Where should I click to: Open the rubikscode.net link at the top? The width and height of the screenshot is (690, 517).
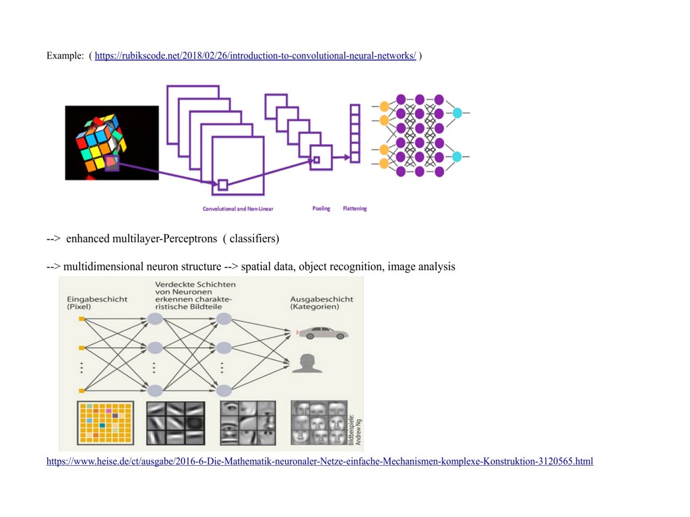click(255, 56)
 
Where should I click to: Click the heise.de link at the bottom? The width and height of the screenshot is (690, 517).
click(319, 462)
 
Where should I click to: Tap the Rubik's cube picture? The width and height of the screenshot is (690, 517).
click(112, 143)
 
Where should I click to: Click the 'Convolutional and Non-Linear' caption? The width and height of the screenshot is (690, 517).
click(238, 209)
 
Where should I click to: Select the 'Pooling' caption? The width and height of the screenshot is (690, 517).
click(321, 209)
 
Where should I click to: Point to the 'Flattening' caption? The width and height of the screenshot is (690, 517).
click(355, 209)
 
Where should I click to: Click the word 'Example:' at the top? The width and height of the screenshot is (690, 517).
click(65, 56)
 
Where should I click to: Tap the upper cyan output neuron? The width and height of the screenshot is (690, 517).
click(458, 113)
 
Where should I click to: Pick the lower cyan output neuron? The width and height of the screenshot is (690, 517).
click(457, 157)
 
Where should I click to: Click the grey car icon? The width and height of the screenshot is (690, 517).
click(323, 333)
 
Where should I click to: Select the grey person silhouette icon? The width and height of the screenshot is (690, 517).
click(307, 363)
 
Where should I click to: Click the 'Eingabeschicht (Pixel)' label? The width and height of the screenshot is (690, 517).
click(97, 303)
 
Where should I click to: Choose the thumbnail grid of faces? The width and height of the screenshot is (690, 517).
click(318, 422)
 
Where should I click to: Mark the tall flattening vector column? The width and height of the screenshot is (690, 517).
click(355, 133)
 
